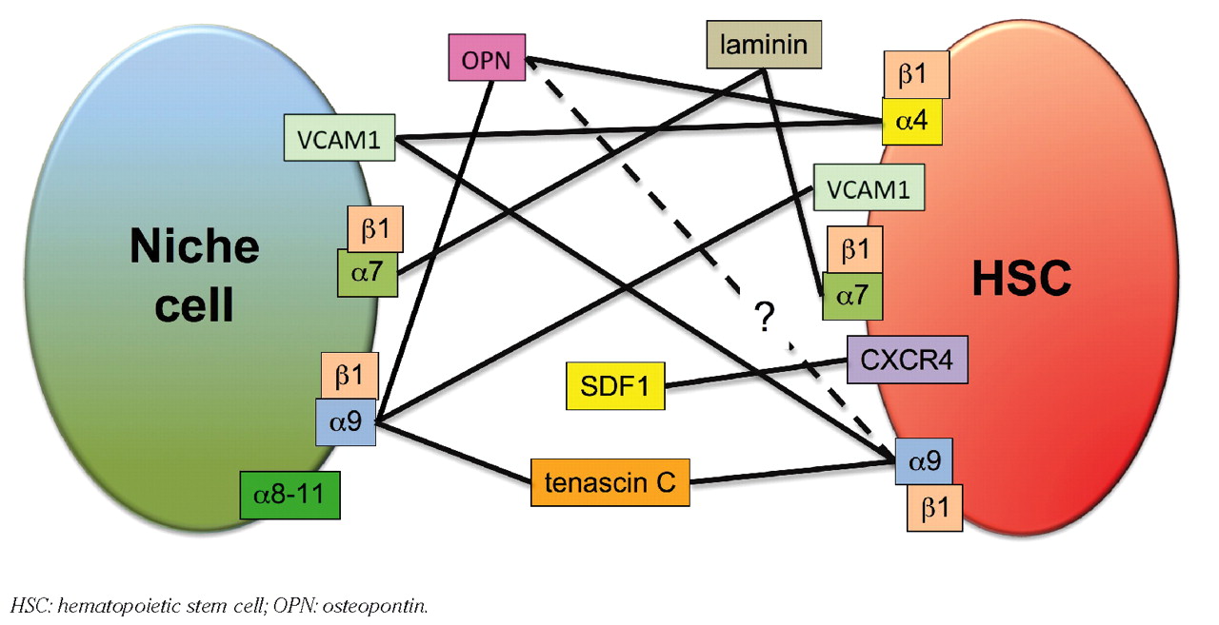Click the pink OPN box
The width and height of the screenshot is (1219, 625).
486,58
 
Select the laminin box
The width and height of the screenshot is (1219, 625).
764,45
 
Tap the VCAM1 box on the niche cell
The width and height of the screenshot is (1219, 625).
339,138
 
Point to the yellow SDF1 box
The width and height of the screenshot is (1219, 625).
615,386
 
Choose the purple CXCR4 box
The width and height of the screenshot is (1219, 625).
907,360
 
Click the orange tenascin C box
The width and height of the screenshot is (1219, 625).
609,482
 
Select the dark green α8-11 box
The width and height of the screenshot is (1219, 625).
290,496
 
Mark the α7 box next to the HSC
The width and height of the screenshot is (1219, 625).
853,298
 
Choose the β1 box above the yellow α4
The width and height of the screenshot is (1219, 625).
912,75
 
